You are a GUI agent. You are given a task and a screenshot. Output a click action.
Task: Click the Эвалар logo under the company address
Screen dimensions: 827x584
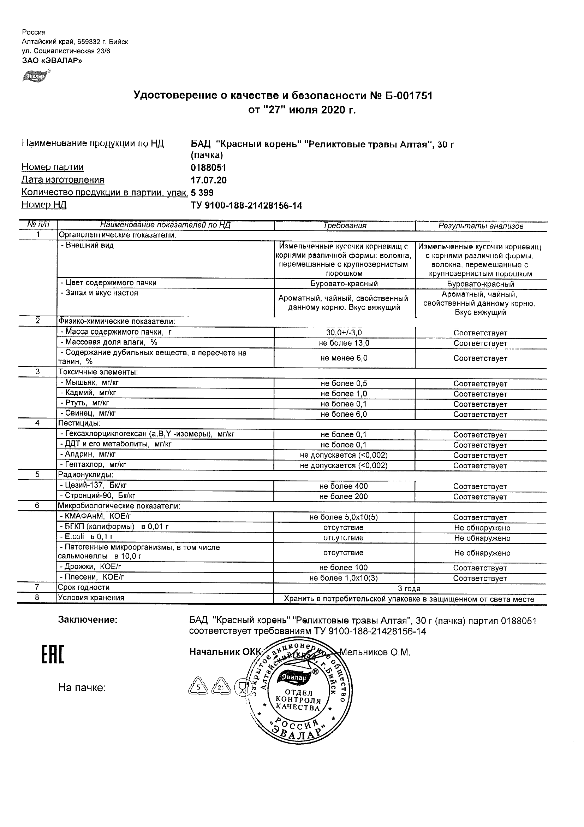click(x=35, y=77)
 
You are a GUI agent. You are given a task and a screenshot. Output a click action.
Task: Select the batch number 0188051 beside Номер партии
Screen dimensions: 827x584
click(x=208, y=168)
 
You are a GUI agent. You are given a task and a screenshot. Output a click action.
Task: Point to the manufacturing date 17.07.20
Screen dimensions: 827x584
click(x=209, y=180)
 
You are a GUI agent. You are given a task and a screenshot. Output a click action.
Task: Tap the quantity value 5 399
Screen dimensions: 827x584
click(x=202, y=193)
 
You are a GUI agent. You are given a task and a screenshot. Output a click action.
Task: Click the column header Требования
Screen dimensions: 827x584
click(x=344, y=226)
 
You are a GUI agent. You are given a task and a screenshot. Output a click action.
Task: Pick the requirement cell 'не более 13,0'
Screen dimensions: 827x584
click(x=344, y=343)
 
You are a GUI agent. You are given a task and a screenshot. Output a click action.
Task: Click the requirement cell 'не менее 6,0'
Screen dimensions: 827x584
click(x=344, y=358)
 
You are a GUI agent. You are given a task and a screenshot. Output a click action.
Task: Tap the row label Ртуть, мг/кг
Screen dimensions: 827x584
click(x=84, y=403)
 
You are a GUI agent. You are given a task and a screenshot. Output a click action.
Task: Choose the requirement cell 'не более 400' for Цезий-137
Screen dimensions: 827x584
click(x=344, y=486)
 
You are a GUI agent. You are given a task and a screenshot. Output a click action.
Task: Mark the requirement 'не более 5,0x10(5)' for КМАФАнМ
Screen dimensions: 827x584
click(x=344, y=517)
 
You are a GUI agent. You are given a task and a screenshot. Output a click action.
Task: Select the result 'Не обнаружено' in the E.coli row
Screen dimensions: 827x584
click(x=482, y=538)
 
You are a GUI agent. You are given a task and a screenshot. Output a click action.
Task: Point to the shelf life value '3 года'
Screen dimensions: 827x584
click(x=409, y=588)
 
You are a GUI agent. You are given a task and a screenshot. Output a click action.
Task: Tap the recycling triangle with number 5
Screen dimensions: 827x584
click(x=198, y=687)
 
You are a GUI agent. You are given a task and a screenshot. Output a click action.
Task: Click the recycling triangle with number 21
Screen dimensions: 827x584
click(x=221, y=687)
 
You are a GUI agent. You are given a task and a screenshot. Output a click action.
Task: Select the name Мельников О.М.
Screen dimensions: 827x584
click(x=374, y=652)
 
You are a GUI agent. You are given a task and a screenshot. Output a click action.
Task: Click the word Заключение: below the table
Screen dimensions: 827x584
click(x=88, y=620)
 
